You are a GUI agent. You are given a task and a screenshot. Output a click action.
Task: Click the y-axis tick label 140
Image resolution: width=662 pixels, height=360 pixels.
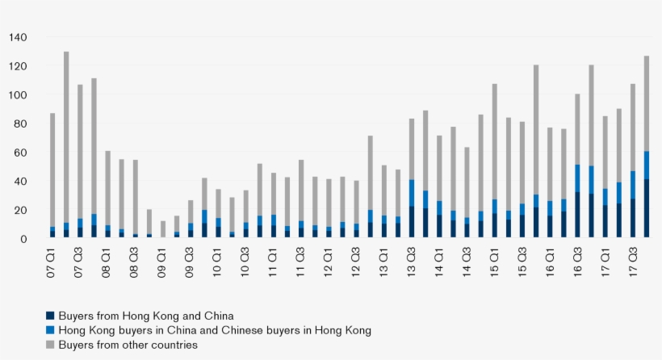click(18, 37)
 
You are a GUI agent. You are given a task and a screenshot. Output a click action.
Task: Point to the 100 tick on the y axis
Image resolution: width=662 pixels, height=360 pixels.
click(18, 95)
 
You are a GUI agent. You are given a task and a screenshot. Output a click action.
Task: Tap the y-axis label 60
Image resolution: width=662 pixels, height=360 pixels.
click(21, 153)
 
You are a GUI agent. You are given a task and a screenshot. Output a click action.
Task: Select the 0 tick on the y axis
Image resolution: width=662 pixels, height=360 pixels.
click(24, 239)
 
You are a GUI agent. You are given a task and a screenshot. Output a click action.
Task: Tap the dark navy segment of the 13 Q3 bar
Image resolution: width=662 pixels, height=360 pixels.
click(411, 222)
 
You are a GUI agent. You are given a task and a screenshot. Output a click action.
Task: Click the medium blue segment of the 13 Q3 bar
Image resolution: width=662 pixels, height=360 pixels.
click(411, 193)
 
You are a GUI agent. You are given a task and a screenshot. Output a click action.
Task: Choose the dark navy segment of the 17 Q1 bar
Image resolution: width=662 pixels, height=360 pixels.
click(605, 221)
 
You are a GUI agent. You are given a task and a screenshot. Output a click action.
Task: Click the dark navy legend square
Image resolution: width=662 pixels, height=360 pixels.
click(50, 316)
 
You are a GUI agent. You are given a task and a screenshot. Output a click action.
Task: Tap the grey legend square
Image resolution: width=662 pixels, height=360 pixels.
click(50, 345)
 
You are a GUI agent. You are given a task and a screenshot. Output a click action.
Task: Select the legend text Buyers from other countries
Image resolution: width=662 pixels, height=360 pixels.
click(127, 345)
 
